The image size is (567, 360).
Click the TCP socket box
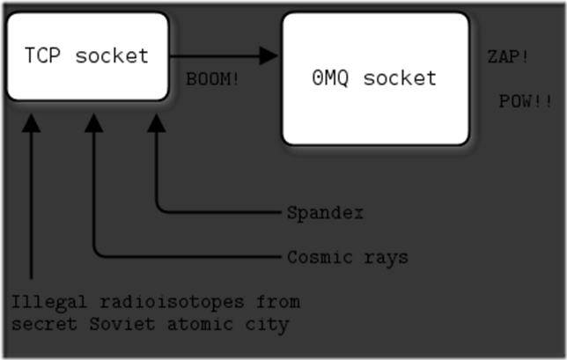86,56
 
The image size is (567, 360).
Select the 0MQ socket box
375,78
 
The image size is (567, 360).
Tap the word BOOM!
213,78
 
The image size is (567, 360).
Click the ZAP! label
508,57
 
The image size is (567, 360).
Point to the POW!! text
526,101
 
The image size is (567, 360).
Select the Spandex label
326,213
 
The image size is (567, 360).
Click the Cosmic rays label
348,258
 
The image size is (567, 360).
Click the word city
267,325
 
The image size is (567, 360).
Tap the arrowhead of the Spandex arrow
157,123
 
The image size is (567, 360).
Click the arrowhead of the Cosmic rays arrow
94,123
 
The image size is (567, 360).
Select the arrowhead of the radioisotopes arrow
32,123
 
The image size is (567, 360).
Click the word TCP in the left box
42,56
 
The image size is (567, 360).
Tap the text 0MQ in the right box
330,78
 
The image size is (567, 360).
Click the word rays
387,258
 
